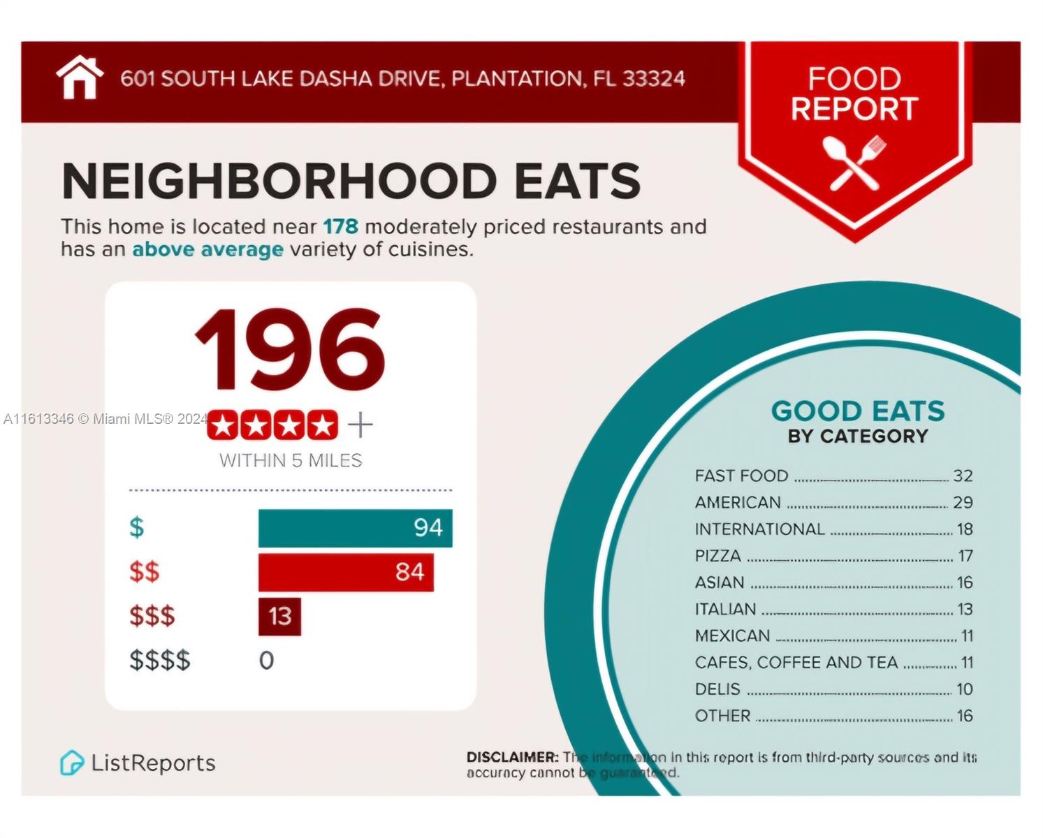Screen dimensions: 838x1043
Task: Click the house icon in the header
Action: pos(80,78)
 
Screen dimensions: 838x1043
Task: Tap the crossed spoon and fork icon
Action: pos(854,163)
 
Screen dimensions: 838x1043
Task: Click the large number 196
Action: pos(290,351)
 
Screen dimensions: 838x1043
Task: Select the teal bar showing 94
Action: pos(355,528)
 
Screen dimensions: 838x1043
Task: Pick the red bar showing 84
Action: pos(346,573)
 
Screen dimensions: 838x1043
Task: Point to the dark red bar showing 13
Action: pos(279,617)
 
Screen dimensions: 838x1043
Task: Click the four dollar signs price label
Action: pos(160,661)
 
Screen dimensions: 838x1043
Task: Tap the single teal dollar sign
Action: pos(137,528)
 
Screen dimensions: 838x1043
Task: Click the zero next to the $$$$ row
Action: pos(266,661)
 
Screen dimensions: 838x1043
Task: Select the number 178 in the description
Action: pos(340,227)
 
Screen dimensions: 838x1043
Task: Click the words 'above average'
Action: pos(207,249)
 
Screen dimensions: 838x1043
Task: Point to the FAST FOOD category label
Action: pos(741,476)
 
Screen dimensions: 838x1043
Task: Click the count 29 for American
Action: pos(963,503)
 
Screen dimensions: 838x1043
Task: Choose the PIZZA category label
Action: pos(717,557)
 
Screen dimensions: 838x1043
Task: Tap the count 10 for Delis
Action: pos(964,689)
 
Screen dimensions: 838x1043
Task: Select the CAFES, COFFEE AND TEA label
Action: pos(796,663)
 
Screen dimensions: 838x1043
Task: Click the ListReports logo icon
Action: pos(71,763)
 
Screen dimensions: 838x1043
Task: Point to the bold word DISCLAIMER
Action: pos(512,757)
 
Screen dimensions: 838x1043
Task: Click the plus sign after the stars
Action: pos(360,425)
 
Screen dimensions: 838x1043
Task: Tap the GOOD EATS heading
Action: pos(858,411)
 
